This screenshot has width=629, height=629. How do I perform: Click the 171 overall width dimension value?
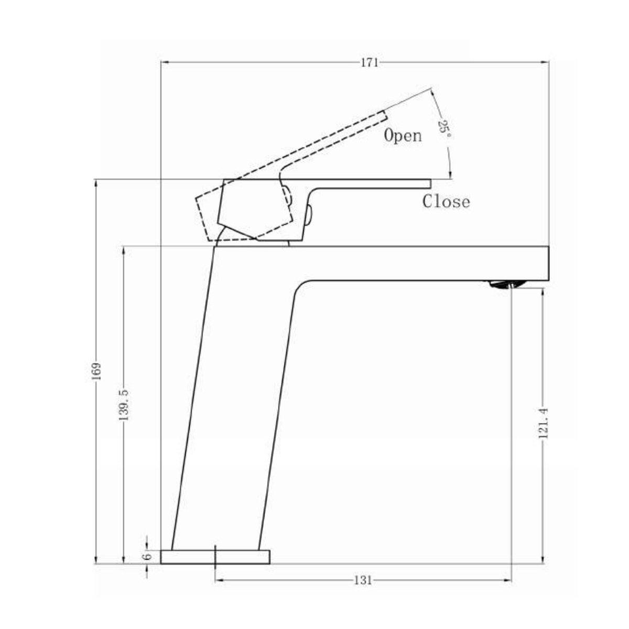coord(369,63)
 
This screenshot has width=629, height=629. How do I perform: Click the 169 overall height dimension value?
coord(96,371)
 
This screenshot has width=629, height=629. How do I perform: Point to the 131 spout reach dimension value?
coord(363,580)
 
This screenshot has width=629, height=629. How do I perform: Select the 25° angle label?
coord(444,126)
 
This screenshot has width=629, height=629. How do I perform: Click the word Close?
coord(446,201)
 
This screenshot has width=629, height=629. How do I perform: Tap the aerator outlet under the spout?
coord(505,285)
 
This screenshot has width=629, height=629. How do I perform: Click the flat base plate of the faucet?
coord(215,557)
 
